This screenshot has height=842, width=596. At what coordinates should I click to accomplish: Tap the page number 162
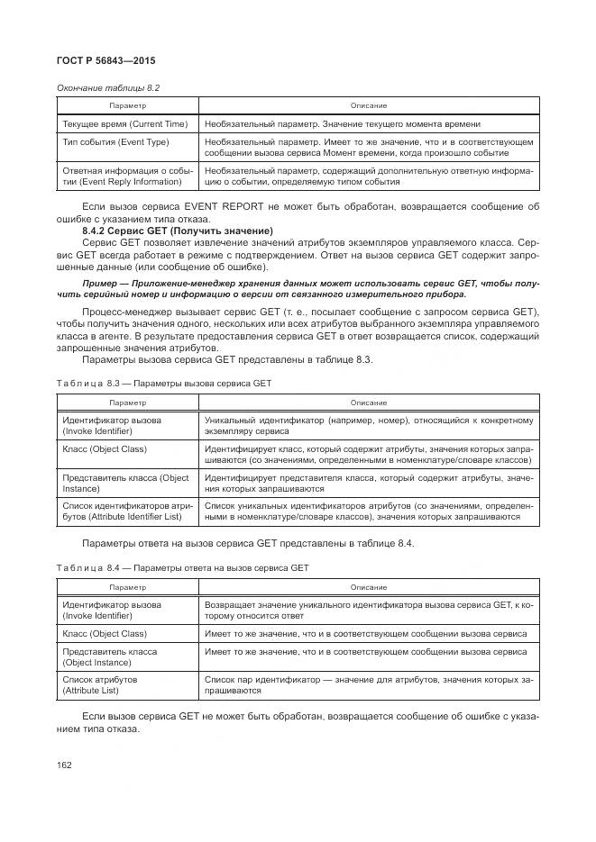65,765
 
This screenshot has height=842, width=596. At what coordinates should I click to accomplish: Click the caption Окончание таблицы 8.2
108,87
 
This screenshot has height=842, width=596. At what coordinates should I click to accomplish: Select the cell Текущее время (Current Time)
124,123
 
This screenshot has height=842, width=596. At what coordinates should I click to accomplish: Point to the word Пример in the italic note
102,284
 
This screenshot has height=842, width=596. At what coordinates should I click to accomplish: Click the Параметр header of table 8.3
127,403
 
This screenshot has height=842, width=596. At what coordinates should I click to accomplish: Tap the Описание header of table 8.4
368,587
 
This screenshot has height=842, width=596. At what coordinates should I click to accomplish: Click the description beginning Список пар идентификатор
368,684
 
